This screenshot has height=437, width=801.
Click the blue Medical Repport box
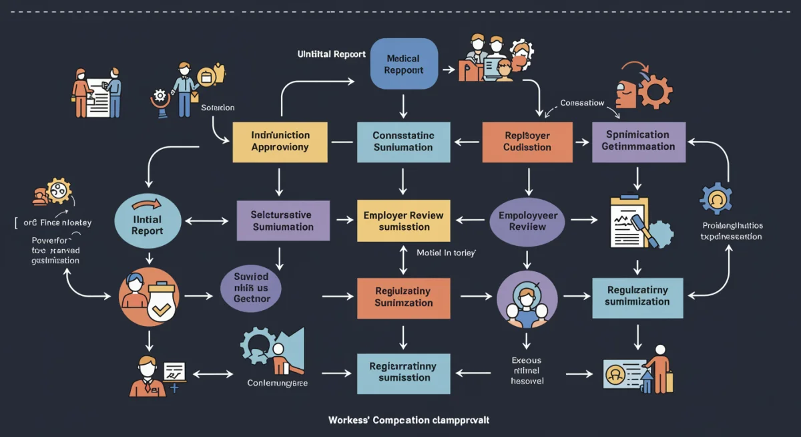tap(404, 63)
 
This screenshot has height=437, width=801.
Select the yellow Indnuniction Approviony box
tap(280, 142)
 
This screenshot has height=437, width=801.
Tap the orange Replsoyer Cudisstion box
tap(527, 142)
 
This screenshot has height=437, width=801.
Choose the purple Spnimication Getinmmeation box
tap(638, 141)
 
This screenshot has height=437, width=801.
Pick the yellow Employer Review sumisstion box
tap(404, 221)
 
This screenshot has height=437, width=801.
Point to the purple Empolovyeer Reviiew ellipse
tap(527, 221)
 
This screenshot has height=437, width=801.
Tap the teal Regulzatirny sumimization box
tap(637, 296)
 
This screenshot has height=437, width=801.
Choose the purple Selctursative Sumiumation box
tap(283, 221)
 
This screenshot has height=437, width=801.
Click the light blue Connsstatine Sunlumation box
tap(403, 142)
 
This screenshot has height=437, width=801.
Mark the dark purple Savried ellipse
tap(252, 288)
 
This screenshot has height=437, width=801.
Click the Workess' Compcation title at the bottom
tap(409, 420)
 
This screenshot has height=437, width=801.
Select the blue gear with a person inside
tap(717, 198)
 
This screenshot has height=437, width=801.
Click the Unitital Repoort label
tap(331, 54)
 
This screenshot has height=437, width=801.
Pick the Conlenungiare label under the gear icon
tap(276, 384)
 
